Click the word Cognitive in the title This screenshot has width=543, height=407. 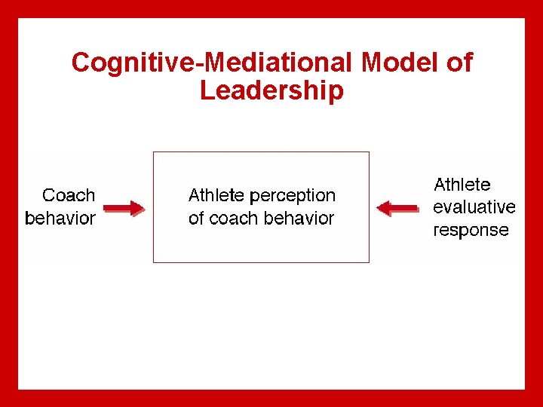(132, 63)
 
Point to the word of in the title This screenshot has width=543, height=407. (459, 63)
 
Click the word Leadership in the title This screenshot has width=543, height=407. (271, 90)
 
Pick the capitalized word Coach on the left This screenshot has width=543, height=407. (69, 195)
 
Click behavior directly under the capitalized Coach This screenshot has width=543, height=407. (60, 219)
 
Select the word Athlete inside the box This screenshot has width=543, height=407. (216, 195)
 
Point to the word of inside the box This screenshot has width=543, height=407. (196, 219)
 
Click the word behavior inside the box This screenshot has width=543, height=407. (296, 219)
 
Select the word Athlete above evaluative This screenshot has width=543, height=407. (462, 185)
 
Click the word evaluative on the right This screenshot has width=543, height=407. (474, 207)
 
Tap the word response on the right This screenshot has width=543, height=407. (471, 231)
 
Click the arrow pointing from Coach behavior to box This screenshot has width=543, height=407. (123, 208)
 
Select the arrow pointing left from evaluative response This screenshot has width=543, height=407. (397, 208)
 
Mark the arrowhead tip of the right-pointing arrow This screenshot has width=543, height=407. (143, 208)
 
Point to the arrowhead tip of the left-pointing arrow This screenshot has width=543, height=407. (377, 208)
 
